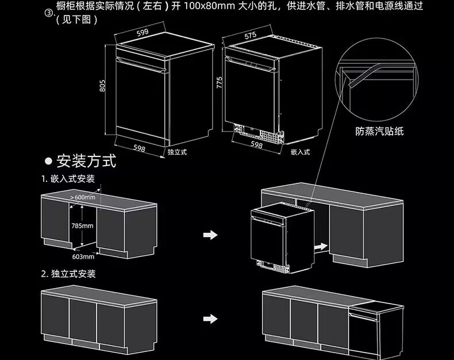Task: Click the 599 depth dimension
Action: pos(143,32)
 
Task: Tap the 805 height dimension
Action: pos(102,86)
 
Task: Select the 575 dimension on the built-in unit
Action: pos(250,36)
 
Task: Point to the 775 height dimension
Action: pos(220,83)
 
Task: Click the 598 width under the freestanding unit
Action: pos(139,148)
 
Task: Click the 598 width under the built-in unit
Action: pos(256,145)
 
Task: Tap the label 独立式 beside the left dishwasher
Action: pos(177,152)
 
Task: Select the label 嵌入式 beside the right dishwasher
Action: pos(300,152)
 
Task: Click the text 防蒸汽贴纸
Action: pos(379,131)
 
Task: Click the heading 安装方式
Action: pos(86,161)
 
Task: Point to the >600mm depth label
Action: pos(83,197)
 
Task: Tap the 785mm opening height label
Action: pos(83,225)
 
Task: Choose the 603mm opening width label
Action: pos(83,256)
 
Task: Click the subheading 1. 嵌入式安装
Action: pos(68,179)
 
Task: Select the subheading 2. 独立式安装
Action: pos(68,274)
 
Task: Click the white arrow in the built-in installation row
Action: pos(210,235)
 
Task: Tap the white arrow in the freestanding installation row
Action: pos(210,319)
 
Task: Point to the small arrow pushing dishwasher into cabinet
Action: pos(321,247)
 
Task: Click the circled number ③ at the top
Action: pos(49,13)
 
